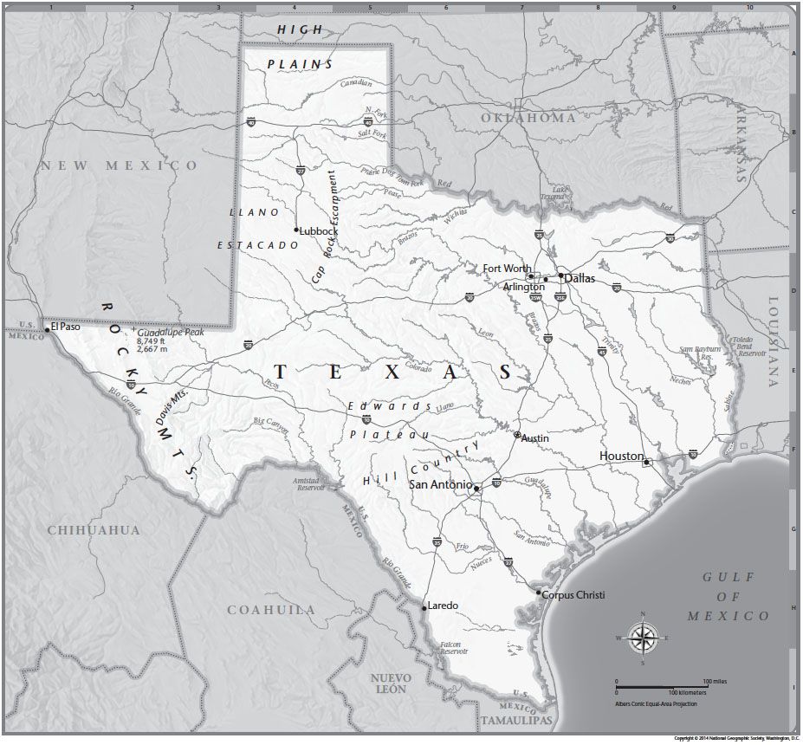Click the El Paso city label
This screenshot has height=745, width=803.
(x=66, y=327)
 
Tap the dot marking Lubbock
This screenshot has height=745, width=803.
(x=296, y=230)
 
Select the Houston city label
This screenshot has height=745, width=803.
(x=621, y=456)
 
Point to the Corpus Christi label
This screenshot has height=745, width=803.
(x=573, y=595)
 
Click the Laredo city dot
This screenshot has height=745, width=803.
(x=424, y=608)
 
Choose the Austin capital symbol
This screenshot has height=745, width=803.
(x=517, y=435)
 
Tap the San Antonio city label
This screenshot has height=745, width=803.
(x=440, y=484)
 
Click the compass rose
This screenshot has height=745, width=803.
(x=642, y=638)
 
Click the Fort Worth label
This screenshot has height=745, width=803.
(x=507, y=269)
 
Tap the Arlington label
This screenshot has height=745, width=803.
(x=523, y=286)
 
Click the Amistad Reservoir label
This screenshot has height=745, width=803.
(x=309, y=483)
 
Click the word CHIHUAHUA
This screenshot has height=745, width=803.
(x=94, y=529)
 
